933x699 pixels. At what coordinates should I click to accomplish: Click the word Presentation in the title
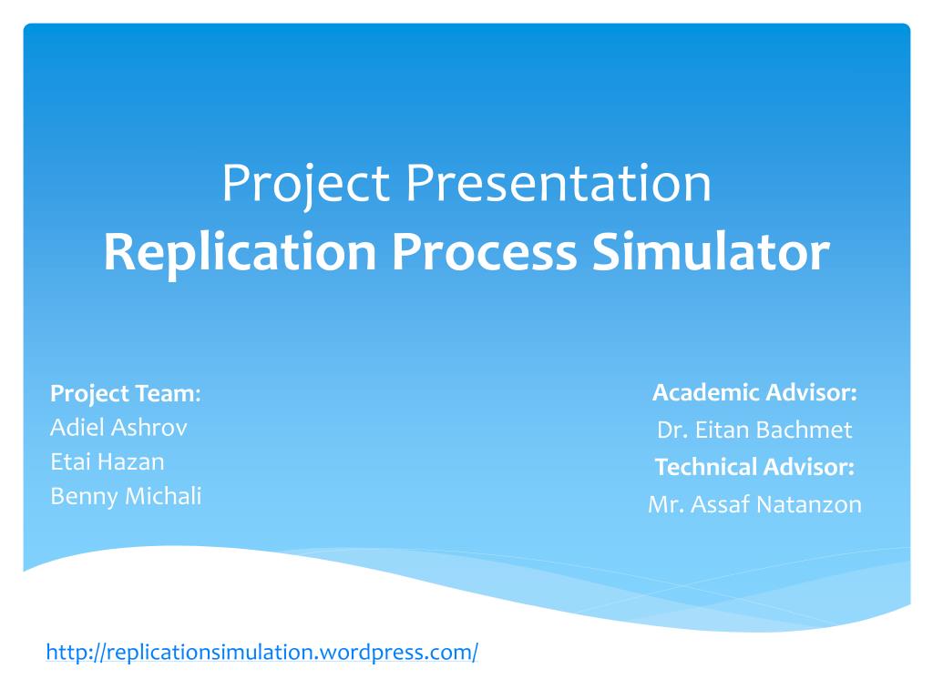(x=559, y=183)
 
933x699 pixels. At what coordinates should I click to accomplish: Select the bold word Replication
(x=240, y=252)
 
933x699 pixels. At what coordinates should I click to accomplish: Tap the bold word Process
(x=484, y=252)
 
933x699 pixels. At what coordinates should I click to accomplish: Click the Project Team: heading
(x=125, y=393)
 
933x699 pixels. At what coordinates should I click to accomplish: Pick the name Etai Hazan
(x=108, y=461)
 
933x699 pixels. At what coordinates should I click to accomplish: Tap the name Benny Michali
(x=126, y=496)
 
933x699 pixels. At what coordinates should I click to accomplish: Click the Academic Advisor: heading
(x=754, y=392)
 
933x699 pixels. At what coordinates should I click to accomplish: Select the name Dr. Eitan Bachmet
(x=754, y=430)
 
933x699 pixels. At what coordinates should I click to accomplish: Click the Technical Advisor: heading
(x=754, y=467)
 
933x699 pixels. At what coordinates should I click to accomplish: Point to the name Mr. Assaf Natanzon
(x=754, y=504)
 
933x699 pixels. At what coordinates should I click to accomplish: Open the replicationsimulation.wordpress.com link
(x=261, y=652)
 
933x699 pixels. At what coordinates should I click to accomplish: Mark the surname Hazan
(x=132, y=461)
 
